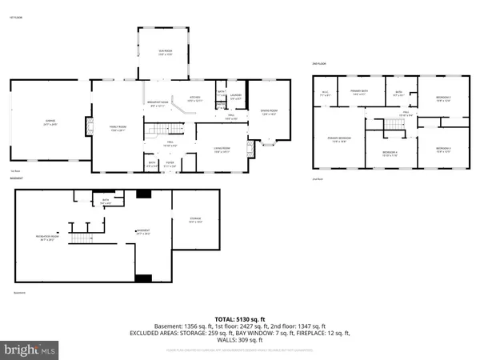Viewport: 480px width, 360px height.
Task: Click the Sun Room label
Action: [x=164, y=54]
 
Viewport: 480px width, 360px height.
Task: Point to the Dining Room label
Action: [x=269, y=112]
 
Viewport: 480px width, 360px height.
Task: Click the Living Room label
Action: [x=221, y=149]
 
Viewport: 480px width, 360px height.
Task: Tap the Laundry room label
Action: [x=235, y=98]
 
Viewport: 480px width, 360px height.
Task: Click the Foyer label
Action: [x=170, y=165]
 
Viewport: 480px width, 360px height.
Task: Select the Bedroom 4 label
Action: [x=390, y=152]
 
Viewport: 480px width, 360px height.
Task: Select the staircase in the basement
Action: [x=80, y=236]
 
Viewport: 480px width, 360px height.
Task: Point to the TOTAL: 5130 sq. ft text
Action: [x=239, y=318]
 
